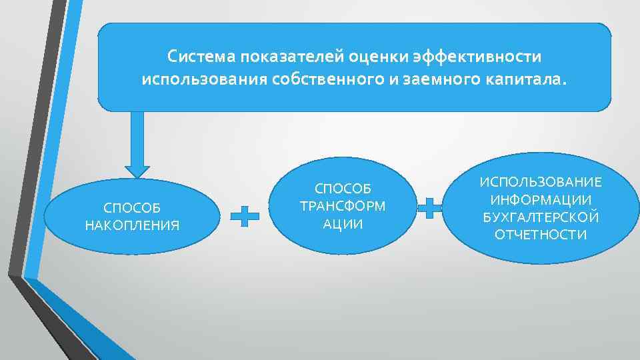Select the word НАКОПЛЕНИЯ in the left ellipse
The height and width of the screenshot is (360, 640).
[132, 225]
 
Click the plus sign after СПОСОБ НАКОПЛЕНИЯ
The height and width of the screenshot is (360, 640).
[245, 216]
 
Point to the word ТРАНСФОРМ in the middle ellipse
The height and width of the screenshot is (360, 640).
[343, 205]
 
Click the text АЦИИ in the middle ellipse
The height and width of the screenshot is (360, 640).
[343, 223]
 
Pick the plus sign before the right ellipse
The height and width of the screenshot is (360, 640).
[430, 207]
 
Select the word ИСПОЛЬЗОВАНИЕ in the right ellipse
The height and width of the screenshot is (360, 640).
[541, 182]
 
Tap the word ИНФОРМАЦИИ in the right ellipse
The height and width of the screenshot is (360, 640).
[541, 199]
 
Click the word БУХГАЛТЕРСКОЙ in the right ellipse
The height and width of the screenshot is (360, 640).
[541, 217]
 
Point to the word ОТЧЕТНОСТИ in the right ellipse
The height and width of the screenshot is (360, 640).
[541, 234]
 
